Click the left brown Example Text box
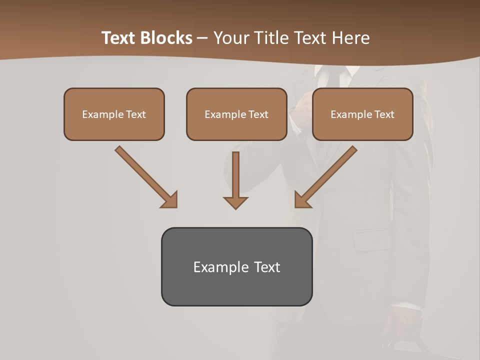(114, 114)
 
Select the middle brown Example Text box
(236, 114)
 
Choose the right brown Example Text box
(362, 114)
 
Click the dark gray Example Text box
(236, 266)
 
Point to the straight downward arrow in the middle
(235, 175)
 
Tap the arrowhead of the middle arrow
(235, 202)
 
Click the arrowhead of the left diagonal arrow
(170, 200)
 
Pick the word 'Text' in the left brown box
(136, 114)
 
